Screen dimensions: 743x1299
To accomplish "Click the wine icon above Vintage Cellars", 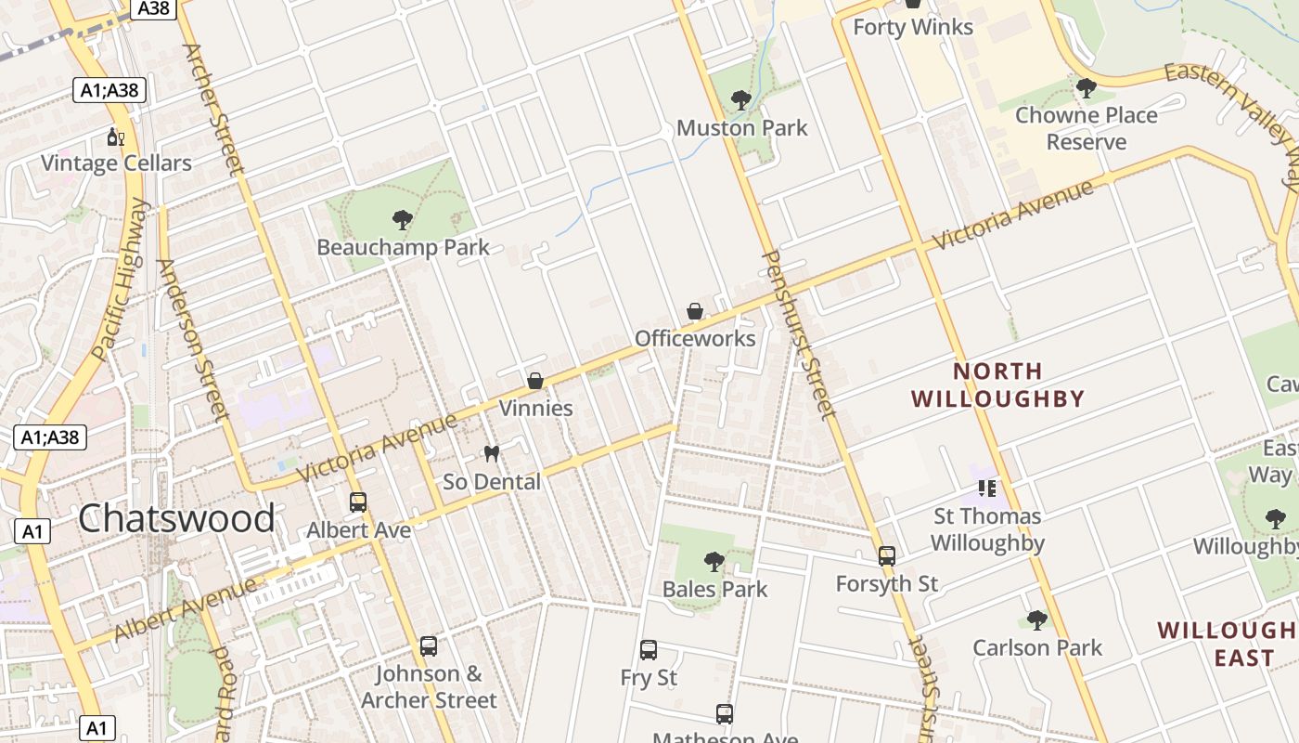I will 115,137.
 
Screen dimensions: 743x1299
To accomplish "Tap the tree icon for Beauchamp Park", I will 403,220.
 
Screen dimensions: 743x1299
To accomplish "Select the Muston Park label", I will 742,128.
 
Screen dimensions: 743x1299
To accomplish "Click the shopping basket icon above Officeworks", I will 695,311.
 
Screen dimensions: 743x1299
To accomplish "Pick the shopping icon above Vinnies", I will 535,381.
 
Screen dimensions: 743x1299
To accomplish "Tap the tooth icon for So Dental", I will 492,454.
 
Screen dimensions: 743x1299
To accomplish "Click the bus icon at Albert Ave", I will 358,502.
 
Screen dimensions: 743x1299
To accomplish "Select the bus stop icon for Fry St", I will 649,650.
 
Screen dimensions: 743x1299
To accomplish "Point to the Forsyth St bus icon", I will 887,556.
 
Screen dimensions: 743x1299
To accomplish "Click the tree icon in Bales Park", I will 714,561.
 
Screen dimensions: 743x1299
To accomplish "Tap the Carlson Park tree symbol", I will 1037,619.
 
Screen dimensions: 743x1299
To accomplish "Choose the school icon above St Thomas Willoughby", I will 987,488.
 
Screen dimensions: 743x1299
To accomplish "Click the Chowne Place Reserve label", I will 1086,128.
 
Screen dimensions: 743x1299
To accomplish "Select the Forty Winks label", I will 913,27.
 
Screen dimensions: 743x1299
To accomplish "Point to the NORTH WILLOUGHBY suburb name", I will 998,385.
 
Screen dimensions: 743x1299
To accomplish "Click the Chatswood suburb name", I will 176,518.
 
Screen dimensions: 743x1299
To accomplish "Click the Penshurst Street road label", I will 799,334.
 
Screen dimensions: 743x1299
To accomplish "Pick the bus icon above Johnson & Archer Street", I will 428,645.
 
